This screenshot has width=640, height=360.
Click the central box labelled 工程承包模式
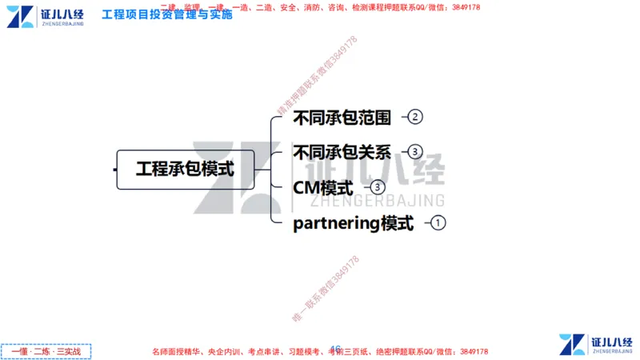[x=185, y=170]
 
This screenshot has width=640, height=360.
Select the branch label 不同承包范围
[x=342, y=118]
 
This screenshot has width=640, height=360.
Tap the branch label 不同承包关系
[x=342, y=152]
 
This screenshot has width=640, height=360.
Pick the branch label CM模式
[x=323, y=189]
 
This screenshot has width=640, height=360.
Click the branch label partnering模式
[x=354, y=223]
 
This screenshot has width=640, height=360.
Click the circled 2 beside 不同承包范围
[x=414, y=117]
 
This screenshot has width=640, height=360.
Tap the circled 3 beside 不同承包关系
[x=414, y=151]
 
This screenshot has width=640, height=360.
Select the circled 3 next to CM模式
[x=378, y=187]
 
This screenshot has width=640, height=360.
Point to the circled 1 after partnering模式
[x=438, y=222]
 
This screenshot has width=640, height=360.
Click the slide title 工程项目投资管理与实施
[x=167, y=14]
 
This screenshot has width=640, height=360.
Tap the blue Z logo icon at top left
[x=20, y=16]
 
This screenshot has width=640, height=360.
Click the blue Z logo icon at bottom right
[x=570, y=344]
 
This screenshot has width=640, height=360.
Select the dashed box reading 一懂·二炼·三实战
[x=47, y=351]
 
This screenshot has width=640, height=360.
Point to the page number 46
[x=336, y=349]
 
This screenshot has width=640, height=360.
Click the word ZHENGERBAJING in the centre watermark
[x=376, y=199]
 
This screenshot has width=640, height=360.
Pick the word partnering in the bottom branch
[x=336, y=224]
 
